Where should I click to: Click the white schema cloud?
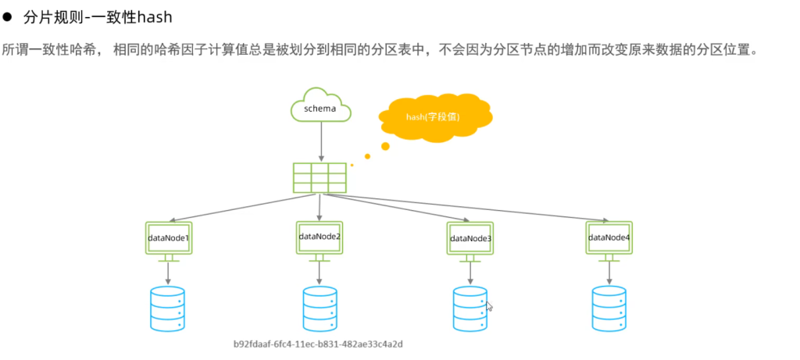coord(320,107)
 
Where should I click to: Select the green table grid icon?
coord(320,177)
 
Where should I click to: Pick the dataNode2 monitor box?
coord(320,236)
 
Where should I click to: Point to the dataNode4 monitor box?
coord(609,237)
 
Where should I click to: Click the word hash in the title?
coord(155,16)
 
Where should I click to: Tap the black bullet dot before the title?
coord(9,16)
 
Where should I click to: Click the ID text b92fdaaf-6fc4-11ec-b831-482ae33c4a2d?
coord(323,344)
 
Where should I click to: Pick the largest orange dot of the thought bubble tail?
coord(385,146)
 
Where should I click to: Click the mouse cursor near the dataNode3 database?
coord(489,306)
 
